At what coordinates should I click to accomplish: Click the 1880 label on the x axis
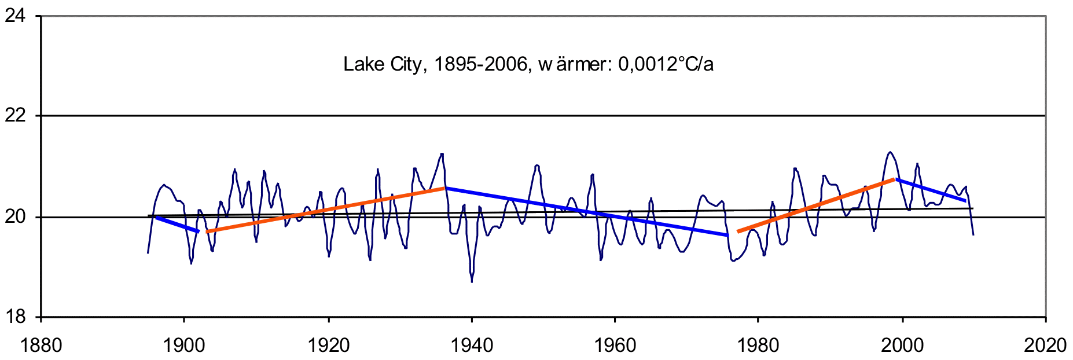click(41, 346)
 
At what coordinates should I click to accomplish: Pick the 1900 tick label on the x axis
click(184, 346)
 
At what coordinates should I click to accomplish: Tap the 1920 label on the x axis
click(328, 346)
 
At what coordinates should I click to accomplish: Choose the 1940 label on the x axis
click(472, 346)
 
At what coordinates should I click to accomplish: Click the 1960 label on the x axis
click(615, 346)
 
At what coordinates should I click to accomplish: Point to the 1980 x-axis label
click(758, 346)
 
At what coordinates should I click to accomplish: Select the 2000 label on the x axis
click(902, 346)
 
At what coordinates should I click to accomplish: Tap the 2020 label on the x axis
click(1045, 346)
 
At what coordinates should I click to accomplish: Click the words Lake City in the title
click(383, 64)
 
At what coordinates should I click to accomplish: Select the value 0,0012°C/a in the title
click(666, 64)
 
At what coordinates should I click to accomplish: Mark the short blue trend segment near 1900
click(177, 225)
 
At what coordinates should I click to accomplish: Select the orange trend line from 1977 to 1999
click(816, 205)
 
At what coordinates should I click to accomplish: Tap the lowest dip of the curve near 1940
click(472, 281)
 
